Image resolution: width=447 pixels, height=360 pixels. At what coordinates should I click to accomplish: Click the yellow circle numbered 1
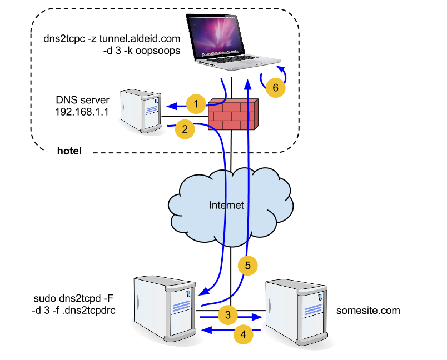point(196,103)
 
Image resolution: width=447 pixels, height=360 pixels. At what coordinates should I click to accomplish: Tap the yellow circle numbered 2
point(185,129)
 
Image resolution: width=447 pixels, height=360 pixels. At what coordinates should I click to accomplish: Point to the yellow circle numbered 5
point(248,266)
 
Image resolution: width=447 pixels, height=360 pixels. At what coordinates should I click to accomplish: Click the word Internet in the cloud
point(226,205)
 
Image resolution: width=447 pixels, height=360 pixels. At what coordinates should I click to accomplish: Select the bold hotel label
point(69,151)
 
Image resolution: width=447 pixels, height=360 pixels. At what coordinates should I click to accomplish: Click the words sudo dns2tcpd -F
point(77,301)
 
